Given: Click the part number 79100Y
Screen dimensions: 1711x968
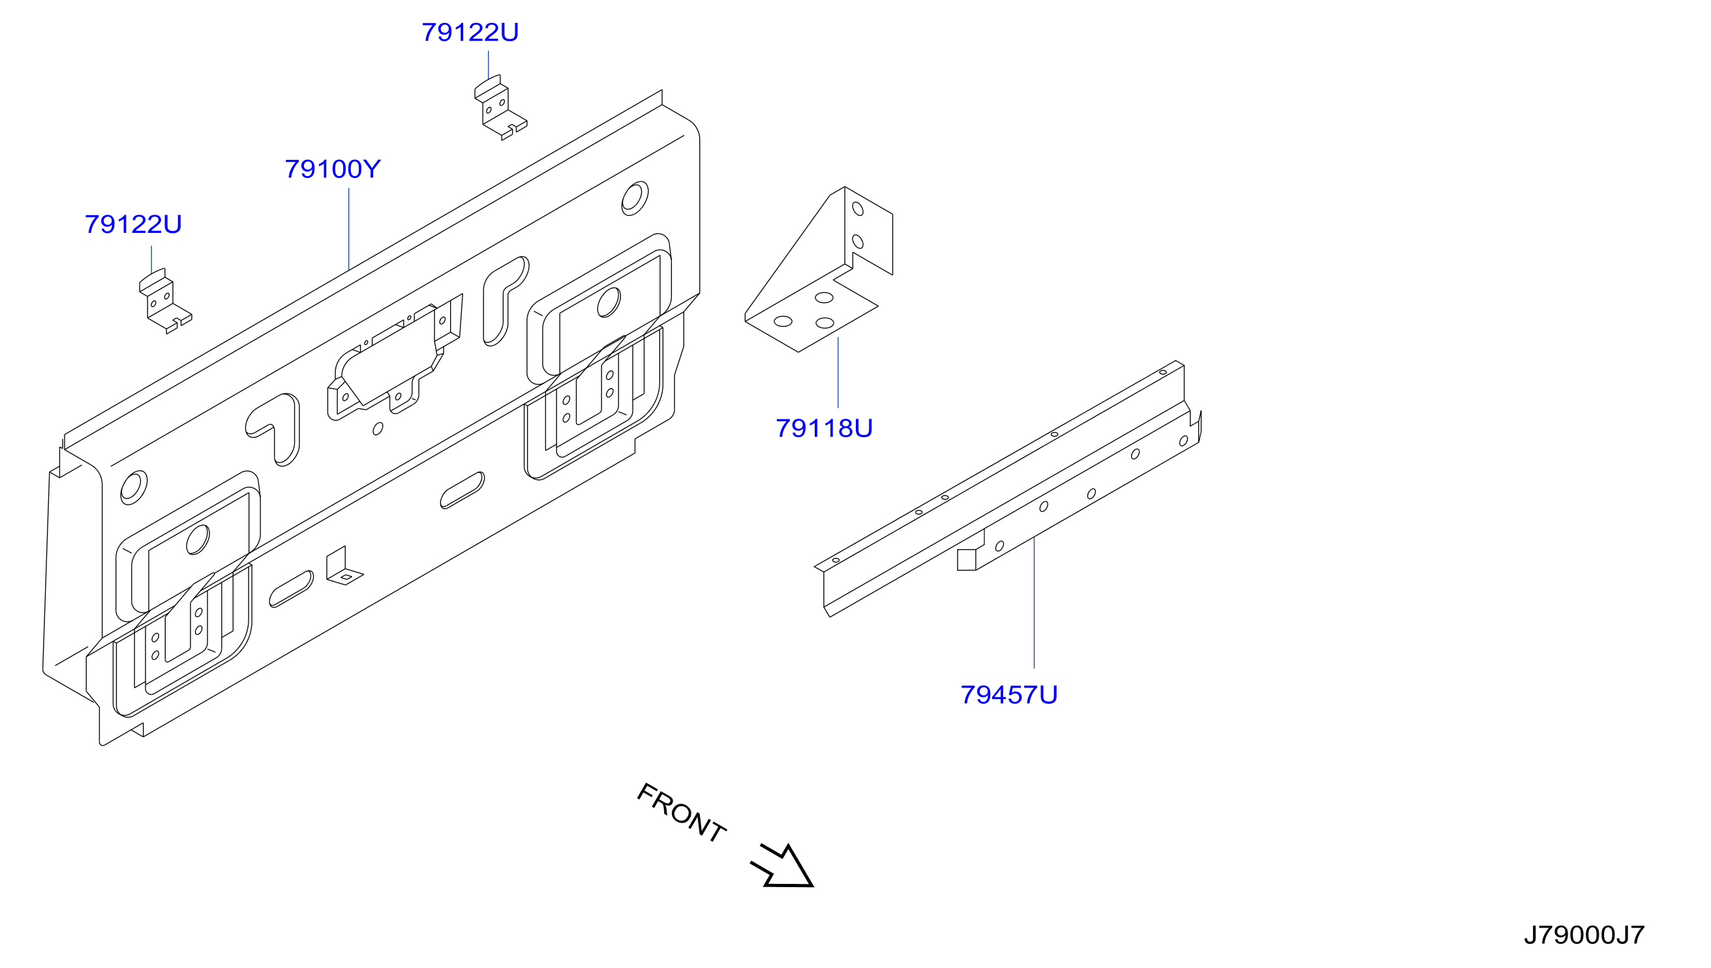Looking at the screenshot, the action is [333, 170].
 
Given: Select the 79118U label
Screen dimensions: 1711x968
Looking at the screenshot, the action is [824, 429].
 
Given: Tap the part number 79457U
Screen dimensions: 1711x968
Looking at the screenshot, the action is [1008, 695].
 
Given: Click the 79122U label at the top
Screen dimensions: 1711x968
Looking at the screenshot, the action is [470, 33].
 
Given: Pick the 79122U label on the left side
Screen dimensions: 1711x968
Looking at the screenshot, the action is [133, 224].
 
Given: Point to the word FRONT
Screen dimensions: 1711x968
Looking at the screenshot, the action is [682, 813].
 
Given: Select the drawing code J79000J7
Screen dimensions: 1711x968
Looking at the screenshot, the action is [1584, 935].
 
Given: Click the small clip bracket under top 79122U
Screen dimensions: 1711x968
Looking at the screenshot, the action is [500, 108].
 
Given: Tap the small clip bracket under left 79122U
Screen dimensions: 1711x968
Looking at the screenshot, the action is [164, 301].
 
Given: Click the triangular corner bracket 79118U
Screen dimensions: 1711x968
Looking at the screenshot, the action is [819, 269].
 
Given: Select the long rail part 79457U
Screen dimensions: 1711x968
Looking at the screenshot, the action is [1008, 489].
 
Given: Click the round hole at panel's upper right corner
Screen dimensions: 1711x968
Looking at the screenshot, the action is [635, 198].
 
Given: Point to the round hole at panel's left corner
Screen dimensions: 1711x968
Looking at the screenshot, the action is [134, 488].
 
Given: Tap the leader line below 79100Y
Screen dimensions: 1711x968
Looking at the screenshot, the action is [349, 230].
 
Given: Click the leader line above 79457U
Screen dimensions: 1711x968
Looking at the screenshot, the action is [1035, 602].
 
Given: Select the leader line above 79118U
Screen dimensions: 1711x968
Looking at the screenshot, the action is [838, 372].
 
